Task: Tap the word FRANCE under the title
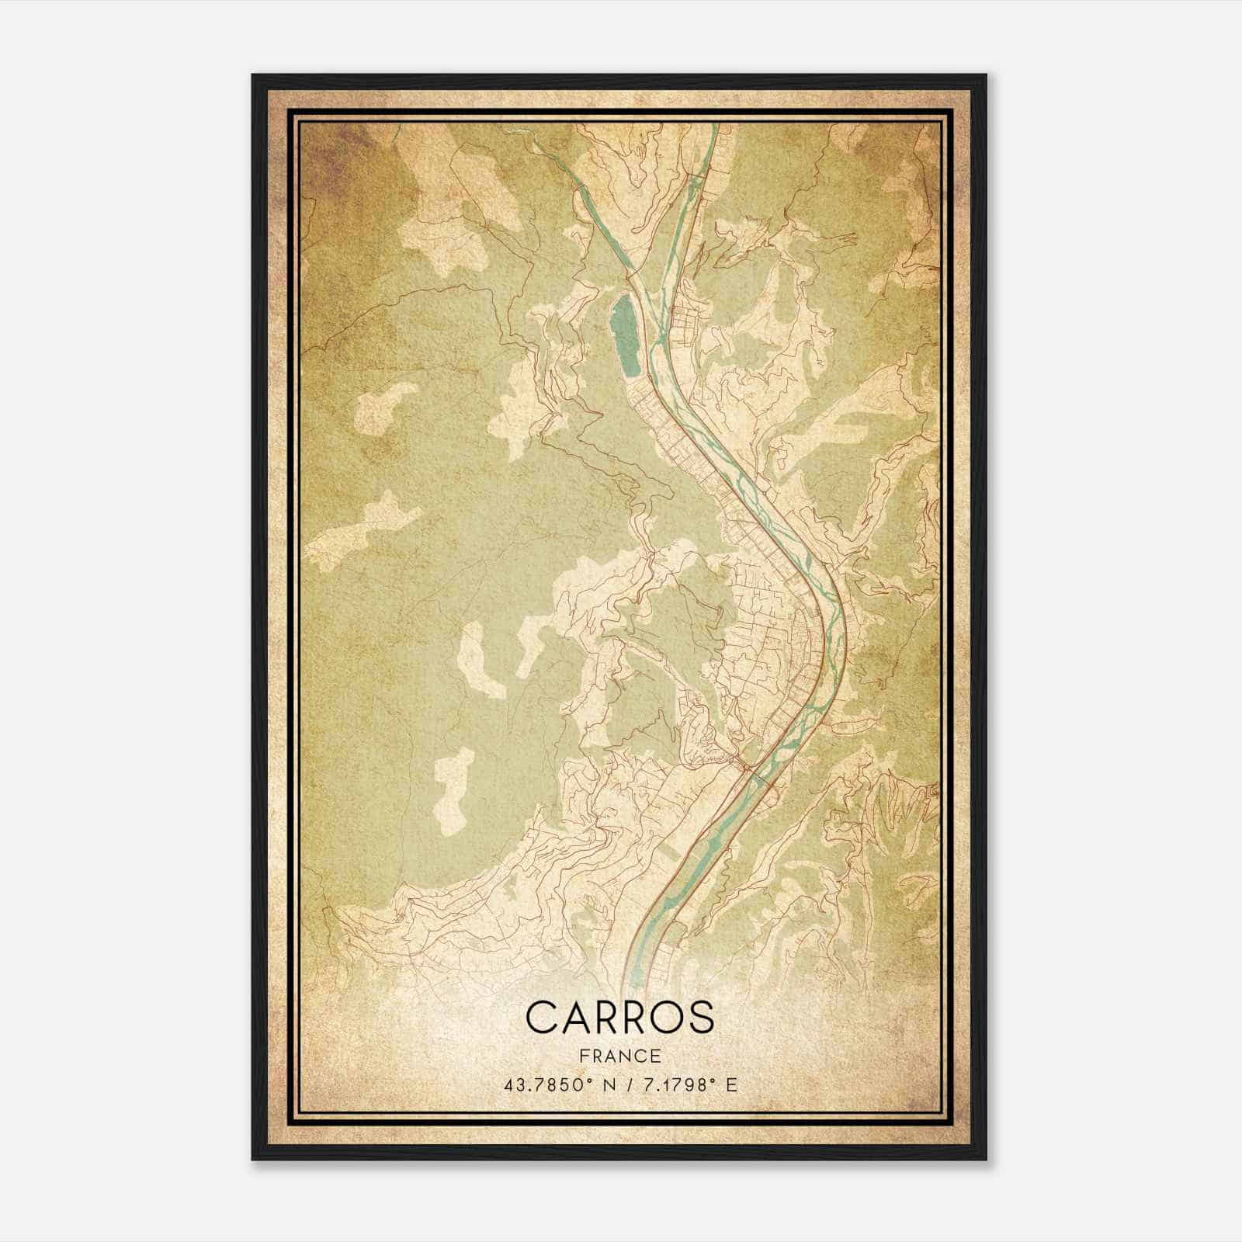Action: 619,1056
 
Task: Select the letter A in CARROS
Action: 574,1016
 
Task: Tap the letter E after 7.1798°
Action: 731,1084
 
